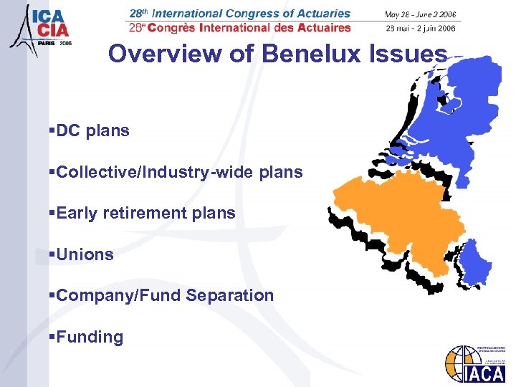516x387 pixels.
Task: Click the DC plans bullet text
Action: pos(92,131)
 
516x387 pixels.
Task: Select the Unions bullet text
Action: pos(85,254)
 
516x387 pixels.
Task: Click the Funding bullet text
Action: pos(90,337)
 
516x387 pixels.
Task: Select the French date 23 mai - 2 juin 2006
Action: pos(421,29)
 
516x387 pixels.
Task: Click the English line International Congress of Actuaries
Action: pos(240,14)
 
